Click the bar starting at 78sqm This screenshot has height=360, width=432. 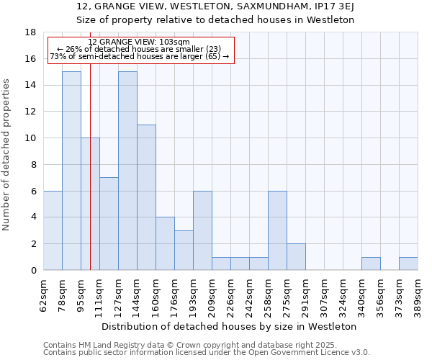(71, 171)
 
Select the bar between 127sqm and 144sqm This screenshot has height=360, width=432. (127, 171)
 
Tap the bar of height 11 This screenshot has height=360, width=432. (146, 197)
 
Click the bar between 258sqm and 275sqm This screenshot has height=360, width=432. (277, 230)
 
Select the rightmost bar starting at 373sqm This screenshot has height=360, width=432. (408, 264)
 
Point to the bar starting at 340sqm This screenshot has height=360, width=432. (371, 264)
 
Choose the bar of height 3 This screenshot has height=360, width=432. (184, 250)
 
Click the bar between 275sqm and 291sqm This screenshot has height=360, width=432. (296, 257)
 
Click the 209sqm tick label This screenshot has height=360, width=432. (212, 294)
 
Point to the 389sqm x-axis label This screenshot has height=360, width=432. (418, 294)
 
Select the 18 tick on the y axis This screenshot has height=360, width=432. (31, 32)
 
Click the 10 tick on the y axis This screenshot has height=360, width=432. (31, 138)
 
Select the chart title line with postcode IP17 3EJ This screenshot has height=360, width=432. (215, 6)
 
